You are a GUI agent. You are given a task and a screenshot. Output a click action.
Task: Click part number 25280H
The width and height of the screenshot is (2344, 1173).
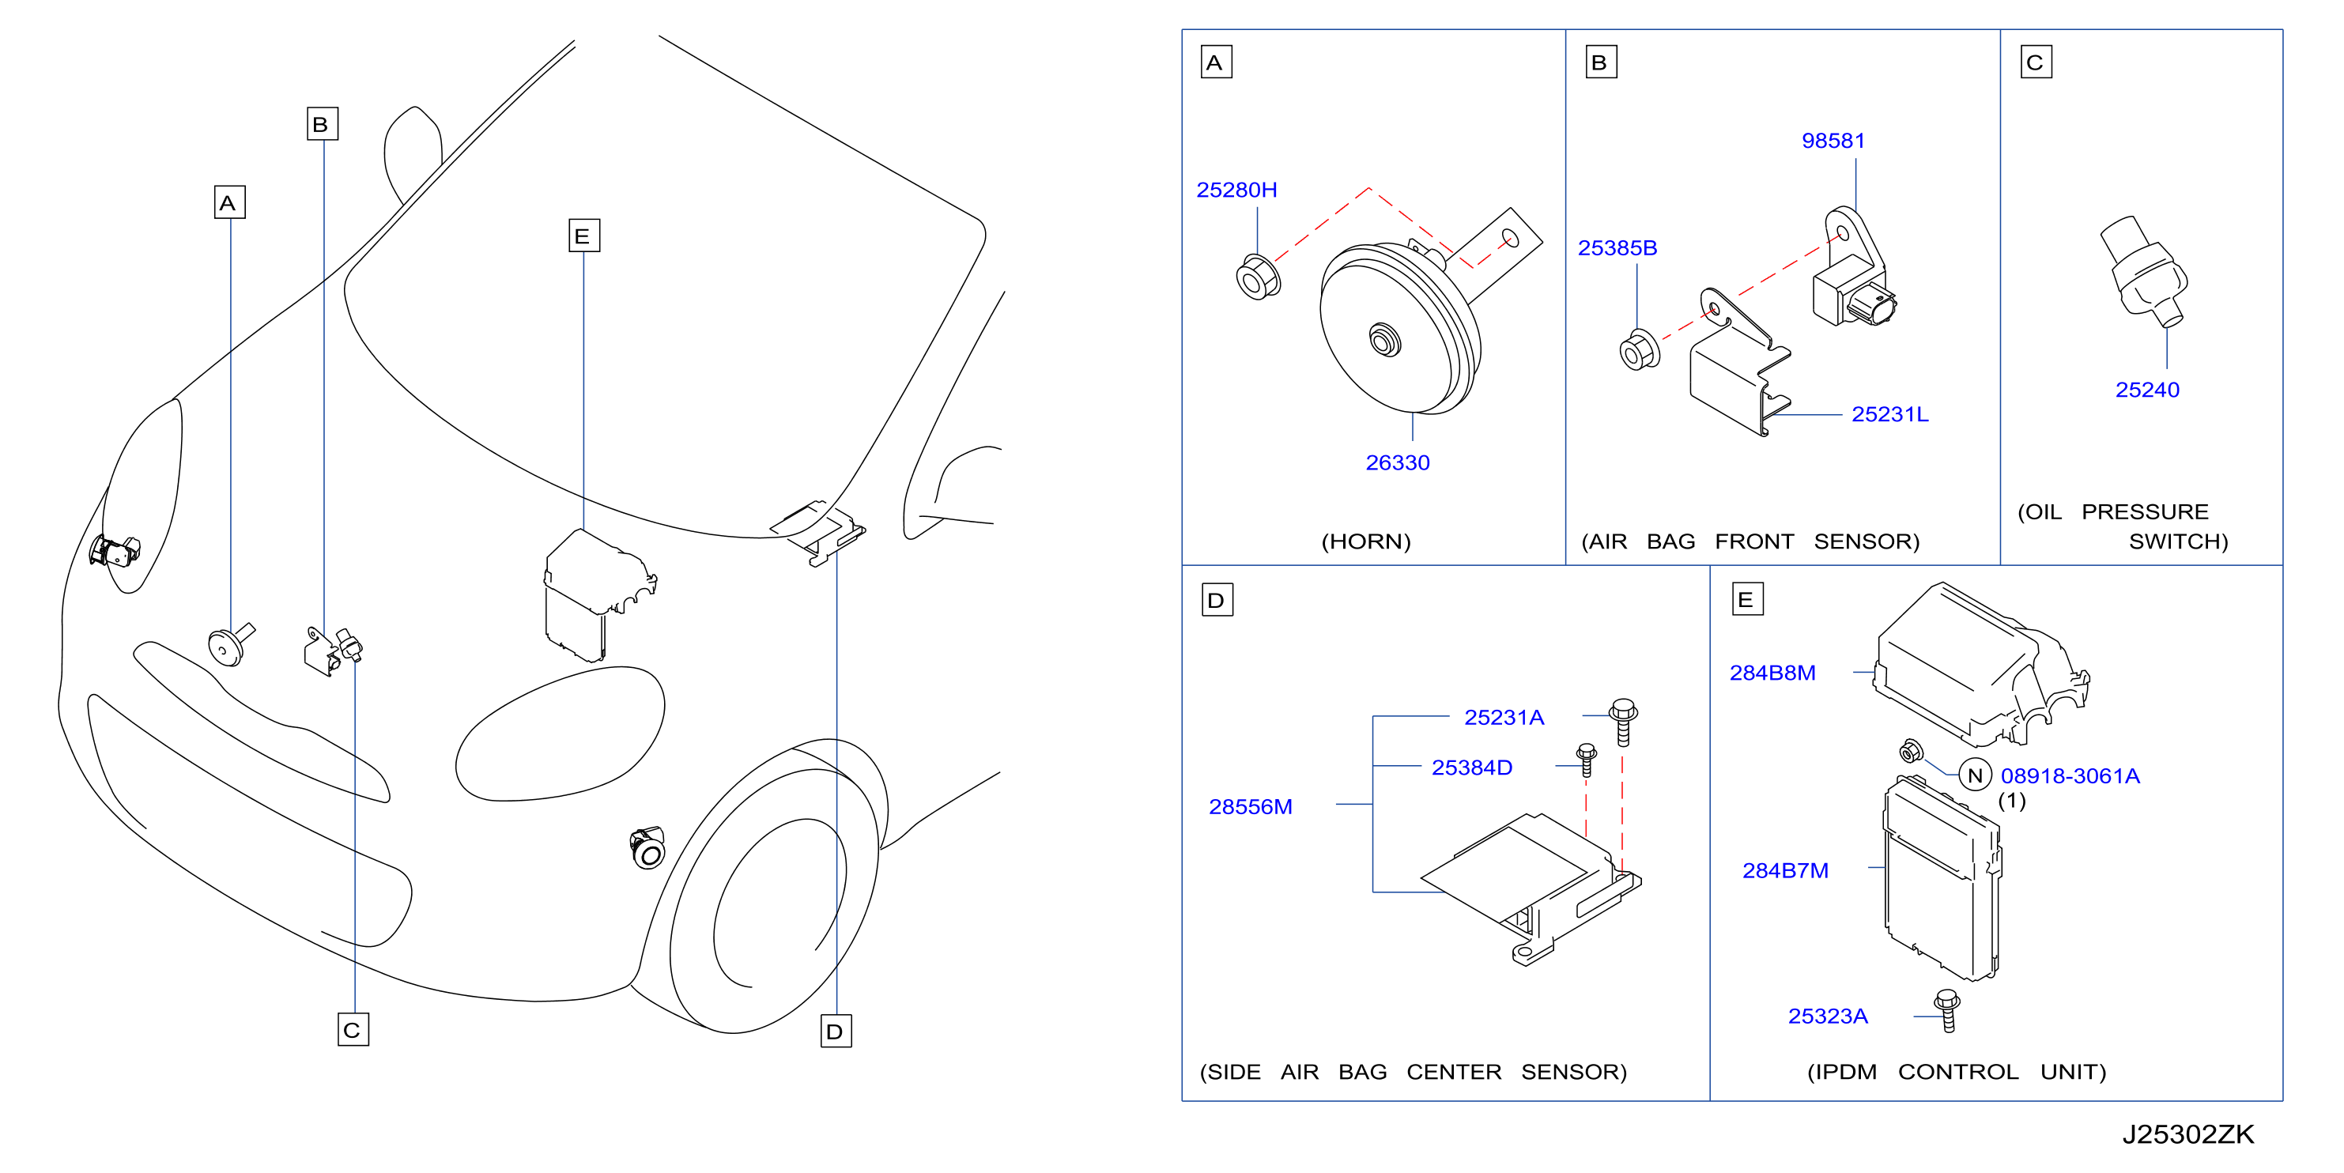tap(1236, 190)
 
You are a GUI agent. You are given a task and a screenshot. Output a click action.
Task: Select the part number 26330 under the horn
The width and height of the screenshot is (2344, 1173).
tap(1397, 463)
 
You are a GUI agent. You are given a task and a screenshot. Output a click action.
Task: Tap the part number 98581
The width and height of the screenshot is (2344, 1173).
tap(1833, 141)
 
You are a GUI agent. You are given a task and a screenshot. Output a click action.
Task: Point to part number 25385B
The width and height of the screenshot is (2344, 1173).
tap(1617, 248)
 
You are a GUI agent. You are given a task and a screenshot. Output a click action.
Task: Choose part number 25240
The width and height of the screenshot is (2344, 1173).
tap(2146, 390)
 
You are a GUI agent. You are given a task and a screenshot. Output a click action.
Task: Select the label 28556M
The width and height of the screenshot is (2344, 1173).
tap(1249, 807)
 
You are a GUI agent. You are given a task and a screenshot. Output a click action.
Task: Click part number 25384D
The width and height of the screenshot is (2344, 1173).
tap(1471, 768)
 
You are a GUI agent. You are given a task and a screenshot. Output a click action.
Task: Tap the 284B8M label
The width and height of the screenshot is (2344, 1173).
tap(1772, 673)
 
